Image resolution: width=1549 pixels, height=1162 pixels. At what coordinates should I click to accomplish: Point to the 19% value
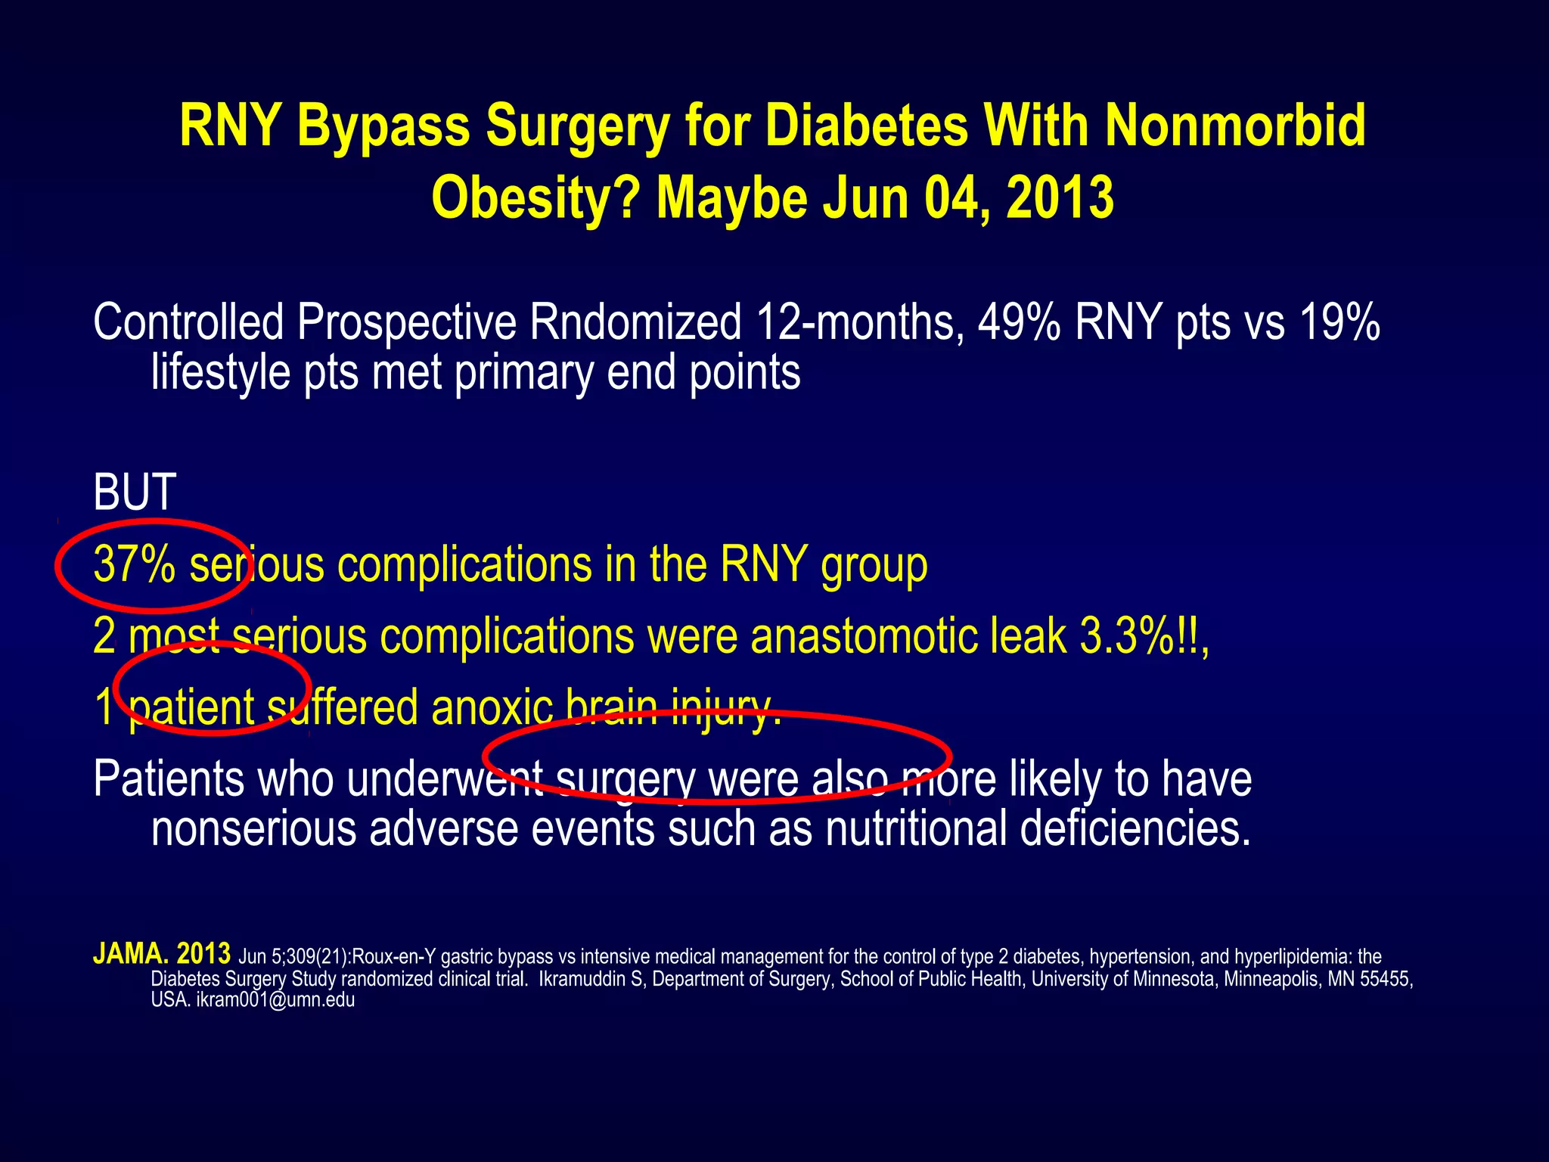(x=1339, y=323)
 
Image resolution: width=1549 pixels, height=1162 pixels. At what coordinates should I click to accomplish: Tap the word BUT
(x=135, y=492)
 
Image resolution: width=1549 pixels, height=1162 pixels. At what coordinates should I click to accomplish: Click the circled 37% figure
(x=135, y=565)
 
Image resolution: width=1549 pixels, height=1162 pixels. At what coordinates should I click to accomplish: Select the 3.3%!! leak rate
(x=1142, y=636)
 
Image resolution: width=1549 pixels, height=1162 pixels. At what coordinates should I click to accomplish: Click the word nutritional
(x=916, y=828)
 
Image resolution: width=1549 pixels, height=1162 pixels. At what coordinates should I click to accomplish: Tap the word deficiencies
(x=1135, y=828)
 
